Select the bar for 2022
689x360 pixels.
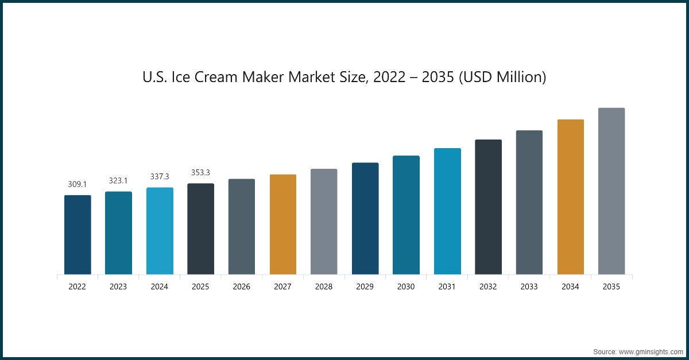tap(78, 235)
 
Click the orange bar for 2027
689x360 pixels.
tap(283, 224)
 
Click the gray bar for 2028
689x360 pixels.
tap(324, 222)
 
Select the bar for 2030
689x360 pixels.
tap(406, 215)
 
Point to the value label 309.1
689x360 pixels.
tap(78, 184)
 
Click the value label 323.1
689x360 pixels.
tap(118, 181)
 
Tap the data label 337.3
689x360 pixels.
tap(160, 177)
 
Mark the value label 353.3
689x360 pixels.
tap(200, 173)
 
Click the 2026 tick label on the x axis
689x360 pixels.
tap(242, 287)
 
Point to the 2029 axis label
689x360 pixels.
tap(365, 287)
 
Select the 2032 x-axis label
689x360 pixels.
tap(488, 287)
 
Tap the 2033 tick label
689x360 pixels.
tap(529, 287)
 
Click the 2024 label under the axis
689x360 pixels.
tap(160, 287)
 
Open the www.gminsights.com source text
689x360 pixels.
tap(649, 351)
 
